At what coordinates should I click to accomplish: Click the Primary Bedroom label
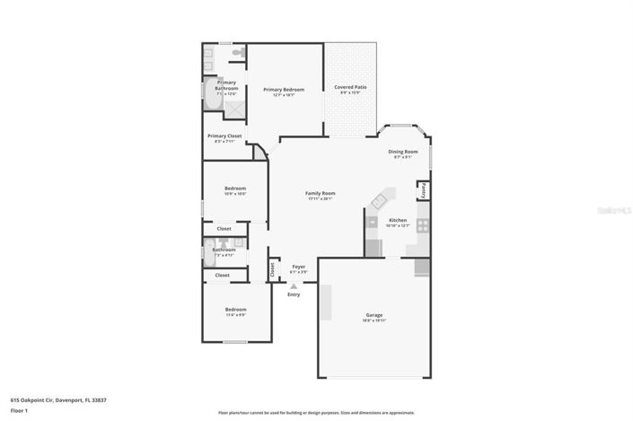[x=283, y=89]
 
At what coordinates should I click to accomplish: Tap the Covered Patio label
[x=350, y=87]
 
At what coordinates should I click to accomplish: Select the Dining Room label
[x=403, y=152]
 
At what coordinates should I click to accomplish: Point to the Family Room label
[x=320, y=193]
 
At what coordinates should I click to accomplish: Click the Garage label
[x=374, y=315]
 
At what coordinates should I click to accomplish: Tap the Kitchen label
[x=397, y=220]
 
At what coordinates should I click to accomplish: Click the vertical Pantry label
[x=423, y=190]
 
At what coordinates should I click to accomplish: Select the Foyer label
[x=298, y=267]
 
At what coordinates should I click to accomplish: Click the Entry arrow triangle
[x=293, y=286]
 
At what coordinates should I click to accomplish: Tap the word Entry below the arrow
[x=294, y=294]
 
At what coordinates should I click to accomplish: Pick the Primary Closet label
[x=224, y=136]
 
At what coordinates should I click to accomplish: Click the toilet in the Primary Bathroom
[x=238, y=55]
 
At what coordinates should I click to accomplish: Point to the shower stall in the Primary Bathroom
[x=235, y=108]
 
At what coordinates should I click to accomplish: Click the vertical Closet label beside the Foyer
[x=272, y=268]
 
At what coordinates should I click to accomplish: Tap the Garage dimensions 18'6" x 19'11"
[x=374, y=320]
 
